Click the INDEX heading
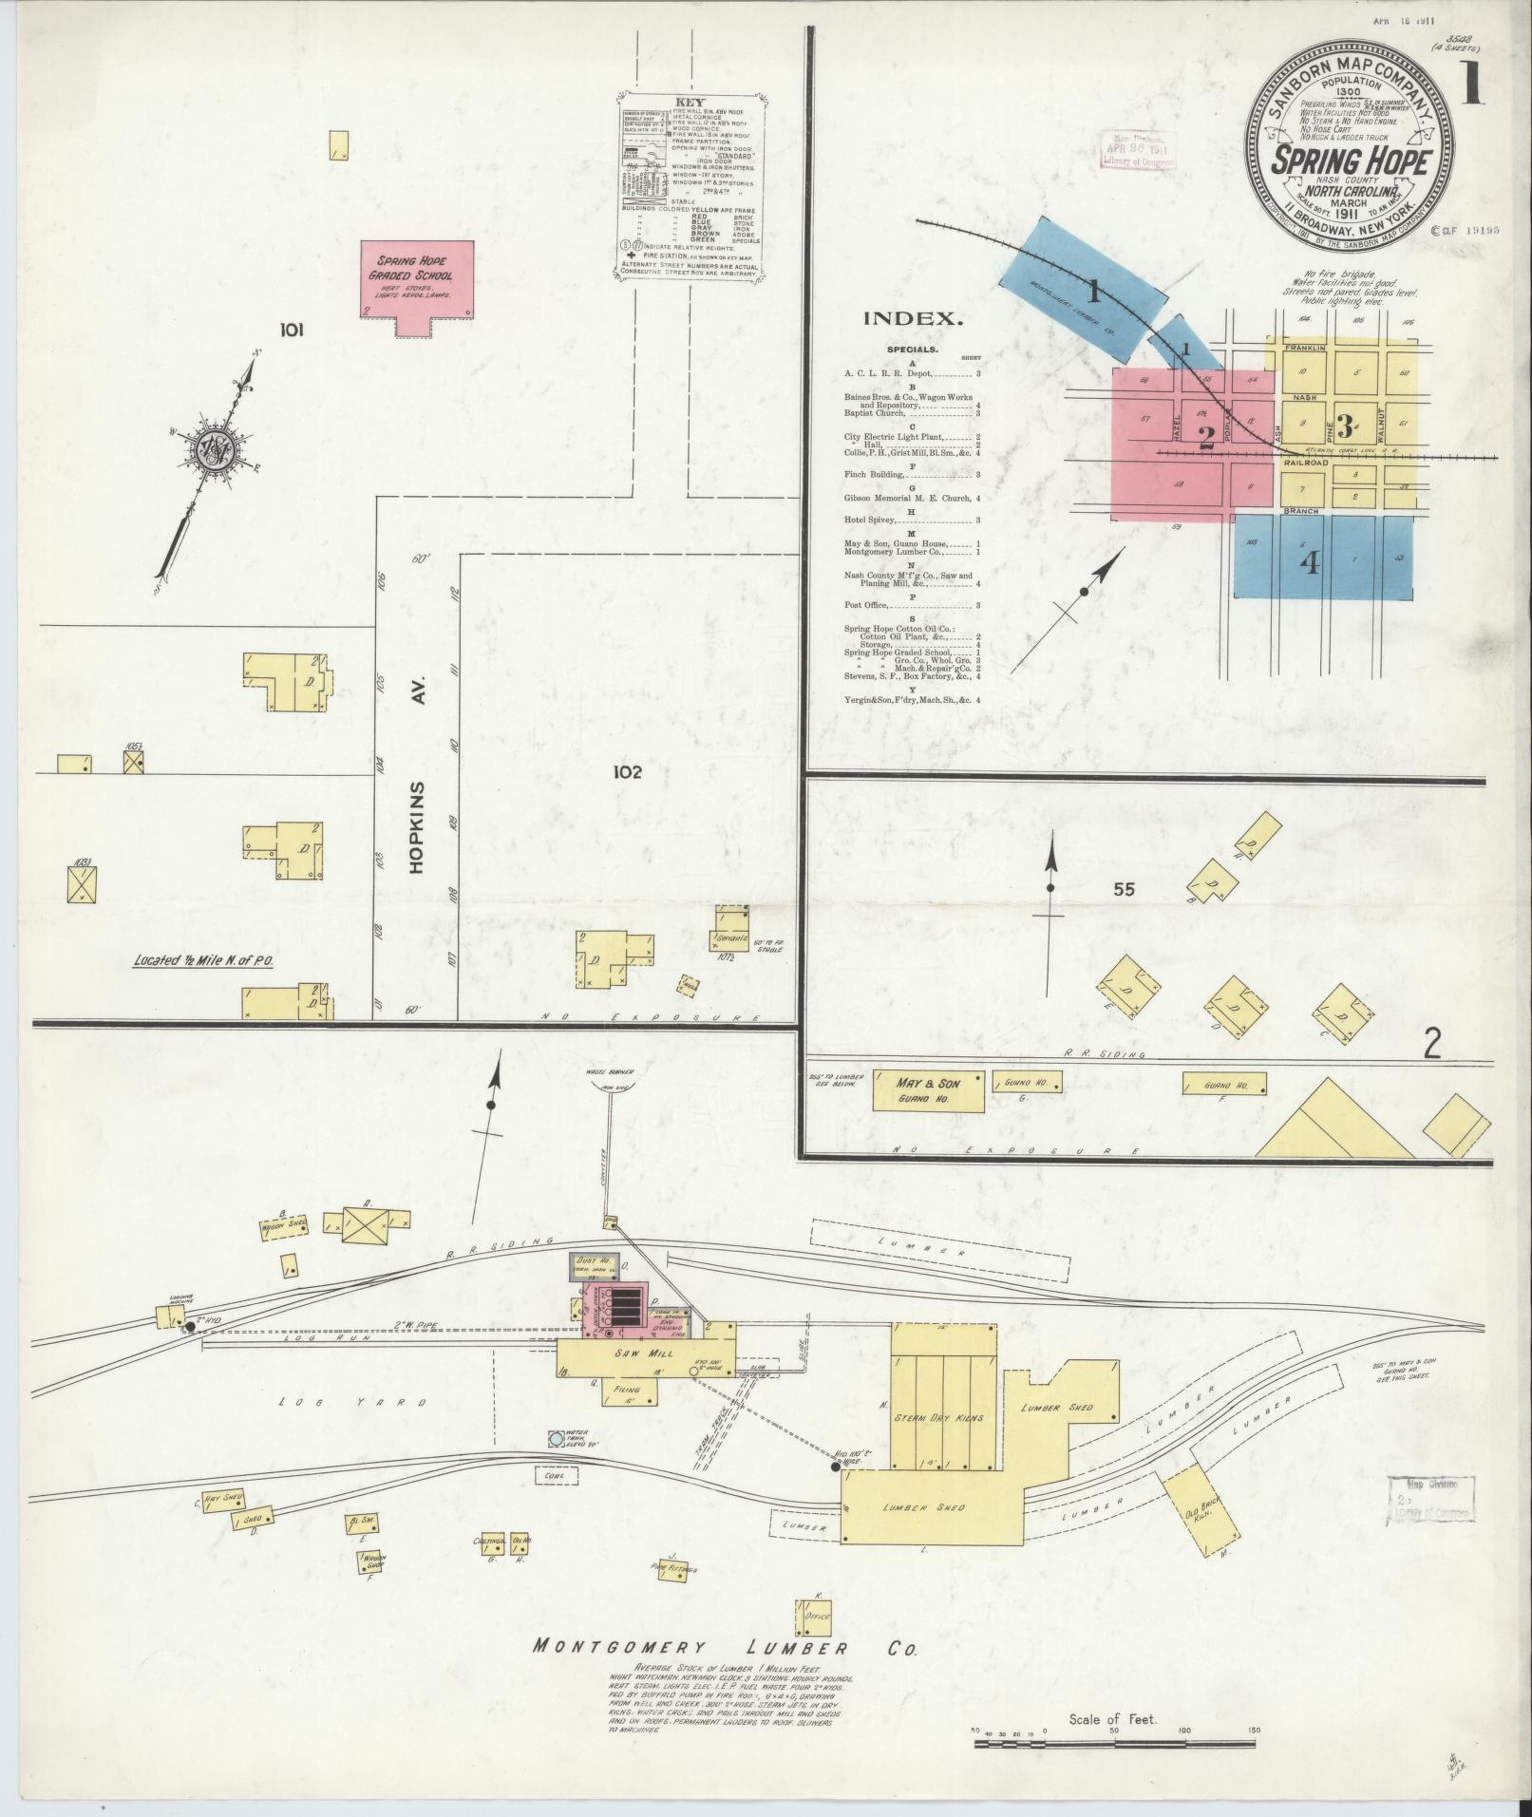click(x=913, y=319)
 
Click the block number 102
click(x=627, y=771)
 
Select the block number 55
click(x=1125, y=889)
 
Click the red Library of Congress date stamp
click(x=1138, y=150)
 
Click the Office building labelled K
click(x=814, y=1617)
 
